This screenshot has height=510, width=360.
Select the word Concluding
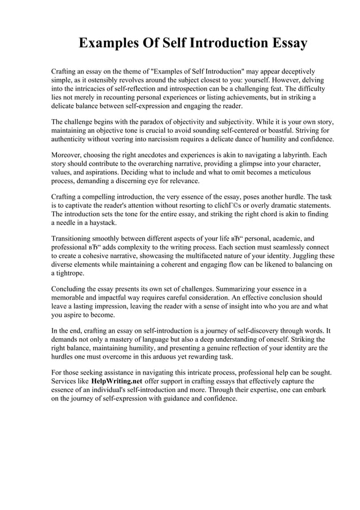[x=70, y=289]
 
